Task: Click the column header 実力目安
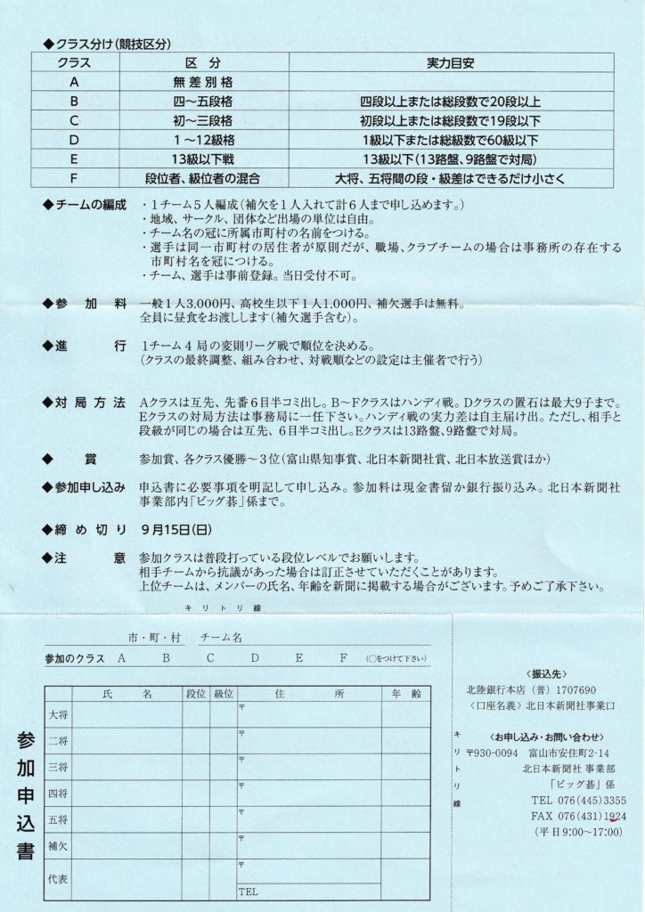click(455, 64)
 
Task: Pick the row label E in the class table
click(75, 159)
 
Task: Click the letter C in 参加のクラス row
click(210, 658)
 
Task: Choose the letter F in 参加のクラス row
click(343, 658)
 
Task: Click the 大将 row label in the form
click(57, 714)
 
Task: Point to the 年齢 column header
click(404, 692)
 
